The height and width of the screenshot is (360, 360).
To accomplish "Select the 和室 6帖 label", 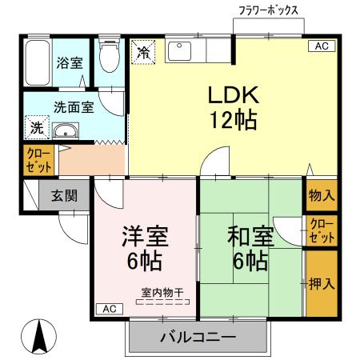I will click(x=247, y=248).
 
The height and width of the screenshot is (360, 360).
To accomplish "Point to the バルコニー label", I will click(x=198, y=337).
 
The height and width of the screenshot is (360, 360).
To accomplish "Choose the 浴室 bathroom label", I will click(x=70, y=62).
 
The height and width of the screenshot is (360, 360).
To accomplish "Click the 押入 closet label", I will click(x=321, y=283).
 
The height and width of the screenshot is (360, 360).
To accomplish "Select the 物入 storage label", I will click(x=321, y=195).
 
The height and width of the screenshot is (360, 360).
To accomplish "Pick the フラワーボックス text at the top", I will click(x=269, y=11).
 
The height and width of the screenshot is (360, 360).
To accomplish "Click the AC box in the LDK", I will click(x=321, y=46).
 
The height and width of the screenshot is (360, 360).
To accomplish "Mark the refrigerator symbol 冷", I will click(x=144, y=53).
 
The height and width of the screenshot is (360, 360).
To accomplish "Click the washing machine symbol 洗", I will click(x=37, y=129).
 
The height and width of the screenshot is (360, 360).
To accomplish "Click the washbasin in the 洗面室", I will click(x=65, y=131).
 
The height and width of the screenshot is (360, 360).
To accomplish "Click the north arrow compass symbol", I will click(x=38, y=337).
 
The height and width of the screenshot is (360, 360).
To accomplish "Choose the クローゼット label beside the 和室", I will click(x=321, y=231).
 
